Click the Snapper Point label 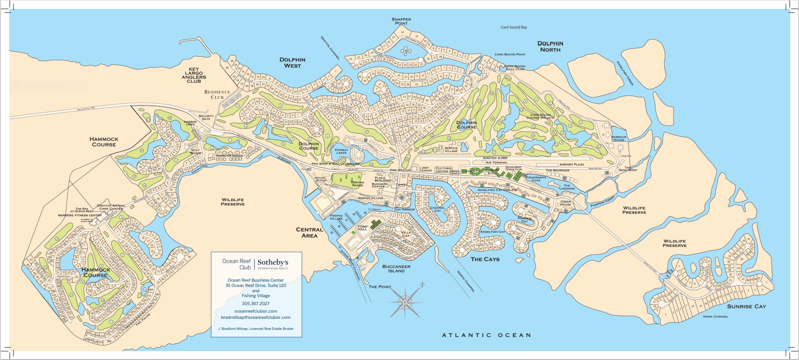(401, 21)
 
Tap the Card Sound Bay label (514, 27)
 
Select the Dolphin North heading (550, 46)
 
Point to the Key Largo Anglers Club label (194, 75)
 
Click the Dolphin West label (292, 62)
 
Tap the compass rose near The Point (405, 302)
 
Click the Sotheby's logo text (273, 263)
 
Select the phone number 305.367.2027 (256, 304)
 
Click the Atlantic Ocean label (486, 335)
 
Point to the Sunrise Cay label (746, 306)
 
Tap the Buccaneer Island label (396, 269)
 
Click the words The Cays (485, 259)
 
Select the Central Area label (310, 232)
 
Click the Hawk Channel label (715, 317)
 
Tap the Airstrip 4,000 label (495, 158)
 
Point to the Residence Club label (217, 94)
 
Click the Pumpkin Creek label (602, 201)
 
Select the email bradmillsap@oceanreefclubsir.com (256, 317)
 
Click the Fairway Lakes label (341, 151)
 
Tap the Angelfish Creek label (625, 74)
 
